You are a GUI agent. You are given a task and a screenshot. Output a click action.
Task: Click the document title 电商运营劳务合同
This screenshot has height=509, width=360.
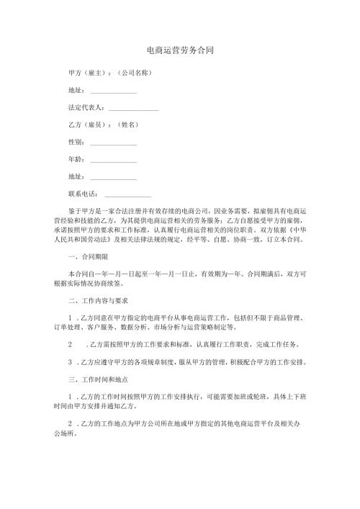[179, 51]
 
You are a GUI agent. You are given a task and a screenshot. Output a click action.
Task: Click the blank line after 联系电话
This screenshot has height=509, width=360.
[128, 194]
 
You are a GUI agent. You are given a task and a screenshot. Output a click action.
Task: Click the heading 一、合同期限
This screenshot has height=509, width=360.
[88, 256]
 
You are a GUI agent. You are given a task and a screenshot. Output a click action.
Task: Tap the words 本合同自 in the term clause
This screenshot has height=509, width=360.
[81, 274]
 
